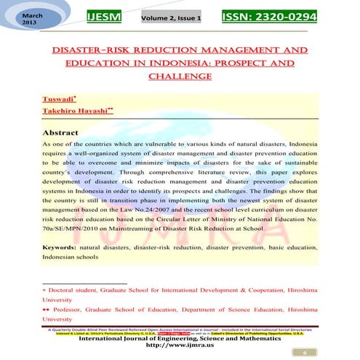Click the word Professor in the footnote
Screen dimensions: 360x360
point(71,308)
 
